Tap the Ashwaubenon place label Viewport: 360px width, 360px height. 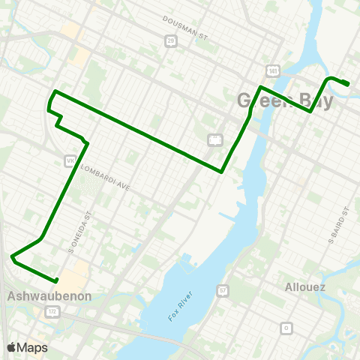point(49,296)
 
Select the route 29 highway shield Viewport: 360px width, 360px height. point(171,40)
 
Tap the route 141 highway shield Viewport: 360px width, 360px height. point(274,70)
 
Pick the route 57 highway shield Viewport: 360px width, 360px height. point(222,289)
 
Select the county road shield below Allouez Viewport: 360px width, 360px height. point(285,328)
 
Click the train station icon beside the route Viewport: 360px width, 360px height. point(214,139)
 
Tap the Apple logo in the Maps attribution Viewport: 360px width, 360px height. point(12,347)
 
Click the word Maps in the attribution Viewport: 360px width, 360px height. point(32,347)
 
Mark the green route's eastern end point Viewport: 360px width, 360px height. point(347,84)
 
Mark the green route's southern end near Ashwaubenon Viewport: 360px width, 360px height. point(57,281)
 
